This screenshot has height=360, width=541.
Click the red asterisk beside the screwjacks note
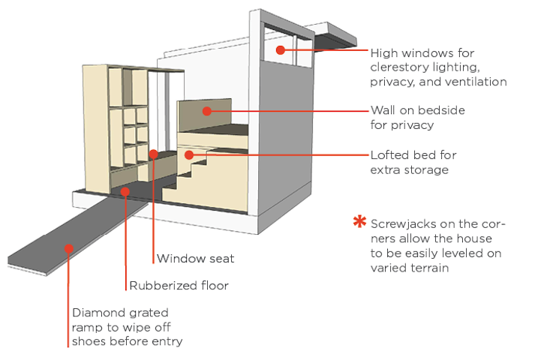click(360, 223)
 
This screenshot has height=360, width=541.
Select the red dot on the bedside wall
click(206, 111)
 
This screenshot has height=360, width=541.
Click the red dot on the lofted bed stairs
click(189, 155)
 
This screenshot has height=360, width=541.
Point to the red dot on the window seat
click(153, 154)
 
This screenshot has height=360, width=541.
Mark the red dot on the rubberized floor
click(126, 191)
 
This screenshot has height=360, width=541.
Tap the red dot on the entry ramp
click(68, 247)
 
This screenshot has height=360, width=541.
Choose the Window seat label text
click(195, 259)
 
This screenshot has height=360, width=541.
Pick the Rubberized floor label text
click(179, 286)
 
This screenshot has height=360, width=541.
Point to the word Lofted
click(391, 155)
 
